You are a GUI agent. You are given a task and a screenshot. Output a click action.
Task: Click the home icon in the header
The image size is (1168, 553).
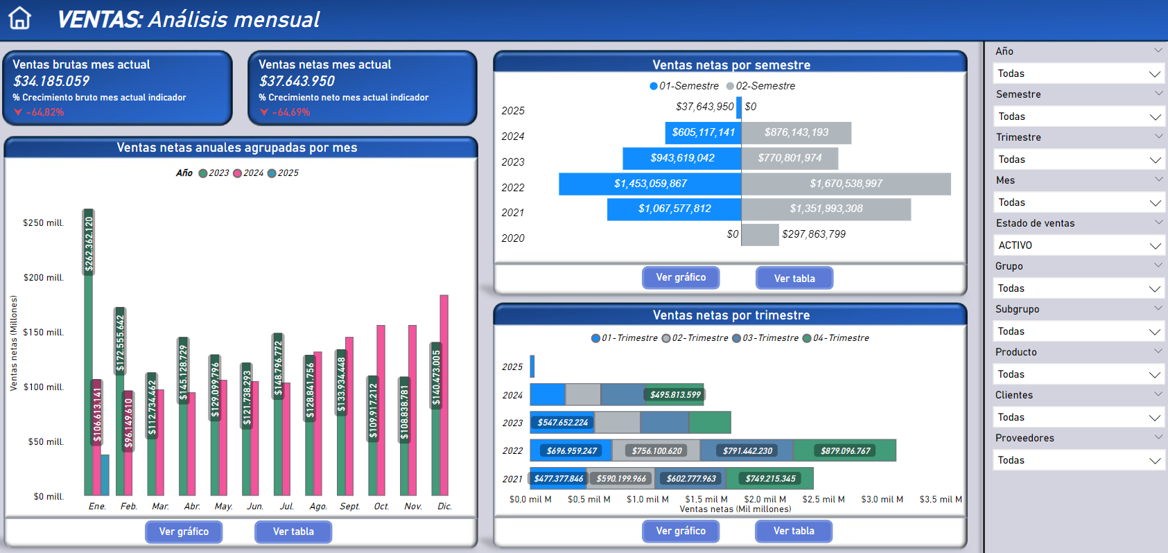coord(20,18)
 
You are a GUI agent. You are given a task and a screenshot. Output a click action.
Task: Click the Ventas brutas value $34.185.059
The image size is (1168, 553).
coord(51,81)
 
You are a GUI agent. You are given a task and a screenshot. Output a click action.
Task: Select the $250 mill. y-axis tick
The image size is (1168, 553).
coord(43,223)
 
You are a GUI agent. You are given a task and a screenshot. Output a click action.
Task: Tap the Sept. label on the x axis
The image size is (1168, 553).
coord(349,507)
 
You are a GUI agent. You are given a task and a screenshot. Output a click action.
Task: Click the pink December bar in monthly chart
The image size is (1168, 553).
coord(444,395)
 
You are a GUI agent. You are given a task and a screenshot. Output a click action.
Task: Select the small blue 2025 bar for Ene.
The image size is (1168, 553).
coord(105,475)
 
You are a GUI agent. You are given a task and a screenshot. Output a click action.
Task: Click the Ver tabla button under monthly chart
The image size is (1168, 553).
coord(293,532)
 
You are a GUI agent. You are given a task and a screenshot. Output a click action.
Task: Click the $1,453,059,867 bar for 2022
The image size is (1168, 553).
coord(650,184)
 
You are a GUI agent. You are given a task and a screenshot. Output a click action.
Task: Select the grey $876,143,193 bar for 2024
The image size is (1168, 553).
coord(796,132)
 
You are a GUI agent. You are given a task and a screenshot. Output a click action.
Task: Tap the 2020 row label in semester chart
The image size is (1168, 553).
coord(513,238)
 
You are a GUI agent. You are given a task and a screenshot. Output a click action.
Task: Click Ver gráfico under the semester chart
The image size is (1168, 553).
coord(681,277)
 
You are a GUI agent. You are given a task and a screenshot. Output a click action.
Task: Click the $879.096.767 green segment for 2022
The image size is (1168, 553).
coord(844,450)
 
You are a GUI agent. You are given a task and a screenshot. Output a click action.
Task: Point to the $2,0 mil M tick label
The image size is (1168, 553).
coord(765,499)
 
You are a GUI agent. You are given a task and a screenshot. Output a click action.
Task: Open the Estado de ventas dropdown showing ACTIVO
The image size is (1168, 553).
coord(1078,245)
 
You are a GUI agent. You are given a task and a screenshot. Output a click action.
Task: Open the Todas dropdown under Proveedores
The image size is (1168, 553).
coord(1078,460)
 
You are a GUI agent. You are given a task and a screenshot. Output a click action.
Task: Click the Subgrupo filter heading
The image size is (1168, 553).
coord(1017,309)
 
